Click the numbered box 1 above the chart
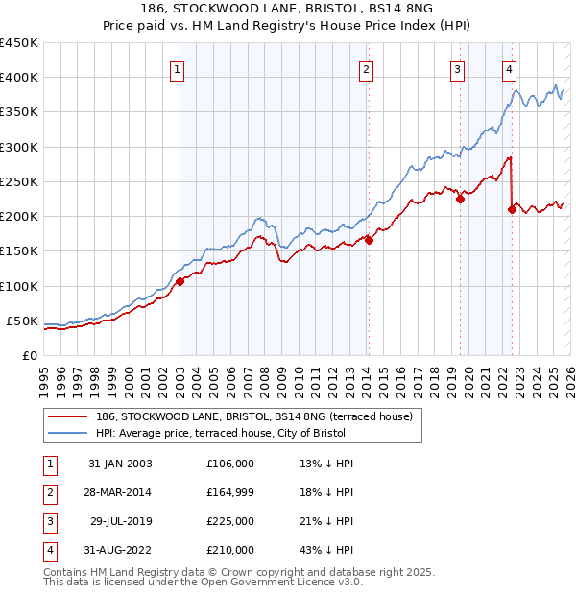pos(179,68)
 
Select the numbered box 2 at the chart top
pos(367,68)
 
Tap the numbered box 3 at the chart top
pos(458,68)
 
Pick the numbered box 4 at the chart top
pos(509,68)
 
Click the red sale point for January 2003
pos(180,281)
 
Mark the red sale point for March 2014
pos(369,241)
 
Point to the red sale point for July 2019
pos(460,200)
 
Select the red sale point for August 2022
pos(512,209)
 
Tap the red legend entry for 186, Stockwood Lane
pos(254,416)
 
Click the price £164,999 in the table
pos(230,492)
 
